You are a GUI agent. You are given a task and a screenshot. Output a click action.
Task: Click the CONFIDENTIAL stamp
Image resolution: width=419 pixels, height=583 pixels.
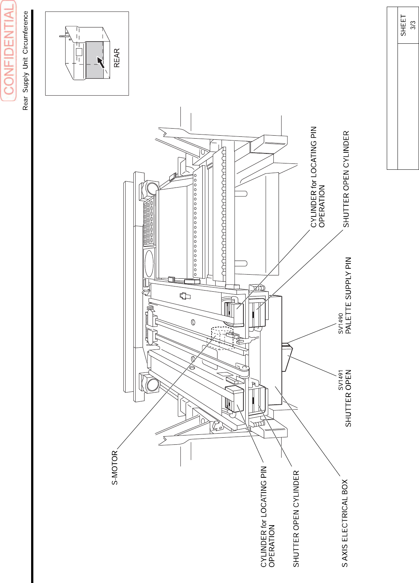point(9,51)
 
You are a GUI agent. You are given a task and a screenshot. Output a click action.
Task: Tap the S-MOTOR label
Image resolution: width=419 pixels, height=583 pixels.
point(115,468)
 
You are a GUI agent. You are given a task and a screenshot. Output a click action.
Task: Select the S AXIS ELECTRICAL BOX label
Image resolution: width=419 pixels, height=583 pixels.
point(345,523)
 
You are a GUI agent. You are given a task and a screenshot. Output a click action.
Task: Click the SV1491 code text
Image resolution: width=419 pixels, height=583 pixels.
point(340,380)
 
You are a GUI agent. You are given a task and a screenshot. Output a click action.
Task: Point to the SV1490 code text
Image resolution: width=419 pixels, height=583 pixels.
point(340,323)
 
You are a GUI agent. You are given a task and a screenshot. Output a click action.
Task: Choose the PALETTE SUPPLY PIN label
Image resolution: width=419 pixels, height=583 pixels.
point(348,295)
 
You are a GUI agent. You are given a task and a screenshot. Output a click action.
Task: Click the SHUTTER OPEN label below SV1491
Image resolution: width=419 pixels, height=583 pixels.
point(348,398)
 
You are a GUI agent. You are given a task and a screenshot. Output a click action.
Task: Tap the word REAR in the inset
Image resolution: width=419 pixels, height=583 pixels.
point(117,58)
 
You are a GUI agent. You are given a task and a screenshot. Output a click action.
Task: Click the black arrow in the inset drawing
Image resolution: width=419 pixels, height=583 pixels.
point(100,62)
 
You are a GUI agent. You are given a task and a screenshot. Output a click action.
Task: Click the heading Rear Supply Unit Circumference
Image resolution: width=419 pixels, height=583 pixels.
point(25,60)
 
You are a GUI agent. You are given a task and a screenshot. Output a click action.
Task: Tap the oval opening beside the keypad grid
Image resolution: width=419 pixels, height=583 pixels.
point(149,263)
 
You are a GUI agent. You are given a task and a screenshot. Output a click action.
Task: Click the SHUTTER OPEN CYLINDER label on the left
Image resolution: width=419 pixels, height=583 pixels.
point(296,519)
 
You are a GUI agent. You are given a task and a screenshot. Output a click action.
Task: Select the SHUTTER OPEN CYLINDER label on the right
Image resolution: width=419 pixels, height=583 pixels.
point(346,179)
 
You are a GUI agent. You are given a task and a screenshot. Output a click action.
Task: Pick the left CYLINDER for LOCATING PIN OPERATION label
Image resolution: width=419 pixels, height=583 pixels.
point(267,517)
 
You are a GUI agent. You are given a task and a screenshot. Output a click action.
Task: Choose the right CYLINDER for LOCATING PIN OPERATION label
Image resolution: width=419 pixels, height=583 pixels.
point(317,177)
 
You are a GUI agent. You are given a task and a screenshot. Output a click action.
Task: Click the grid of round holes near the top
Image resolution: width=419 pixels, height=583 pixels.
point(149,222)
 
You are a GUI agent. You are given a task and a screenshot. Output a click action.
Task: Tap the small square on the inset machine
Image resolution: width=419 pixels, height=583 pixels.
point(79,52)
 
